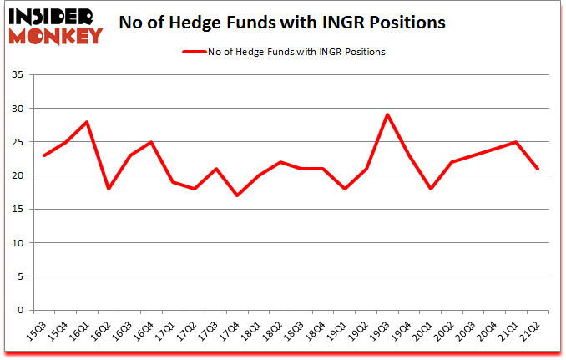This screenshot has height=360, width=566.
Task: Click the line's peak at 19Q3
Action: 387,114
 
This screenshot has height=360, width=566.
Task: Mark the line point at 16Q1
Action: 87,122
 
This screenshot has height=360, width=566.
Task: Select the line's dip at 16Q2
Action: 109,189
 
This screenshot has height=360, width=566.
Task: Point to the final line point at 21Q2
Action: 538,169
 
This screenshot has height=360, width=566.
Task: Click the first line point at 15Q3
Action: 43,155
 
